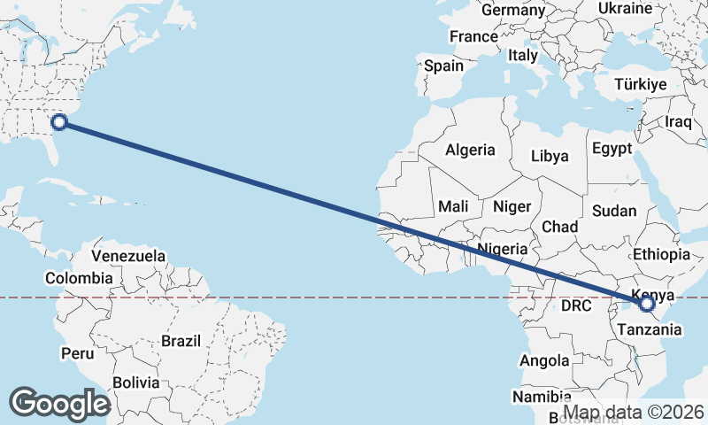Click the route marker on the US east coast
(59, 122)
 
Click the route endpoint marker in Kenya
(647, 303)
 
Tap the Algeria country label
(470, 150)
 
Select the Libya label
(550, 156)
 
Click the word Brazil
(181, 340)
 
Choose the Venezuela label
(128, 256)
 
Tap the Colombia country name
(79, 278)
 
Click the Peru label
(77, 353)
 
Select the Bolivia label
(136, 383)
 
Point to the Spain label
(443, 66)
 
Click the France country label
(473, 37)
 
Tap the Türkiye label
(641, 85)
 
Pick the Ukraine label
(625, 8)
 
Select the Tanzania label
(650, 329)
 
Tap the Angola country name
(544, 360)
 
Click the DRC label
(575, 305)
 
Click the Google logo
(59, 403)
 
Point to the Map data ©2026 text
(634, 413)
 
